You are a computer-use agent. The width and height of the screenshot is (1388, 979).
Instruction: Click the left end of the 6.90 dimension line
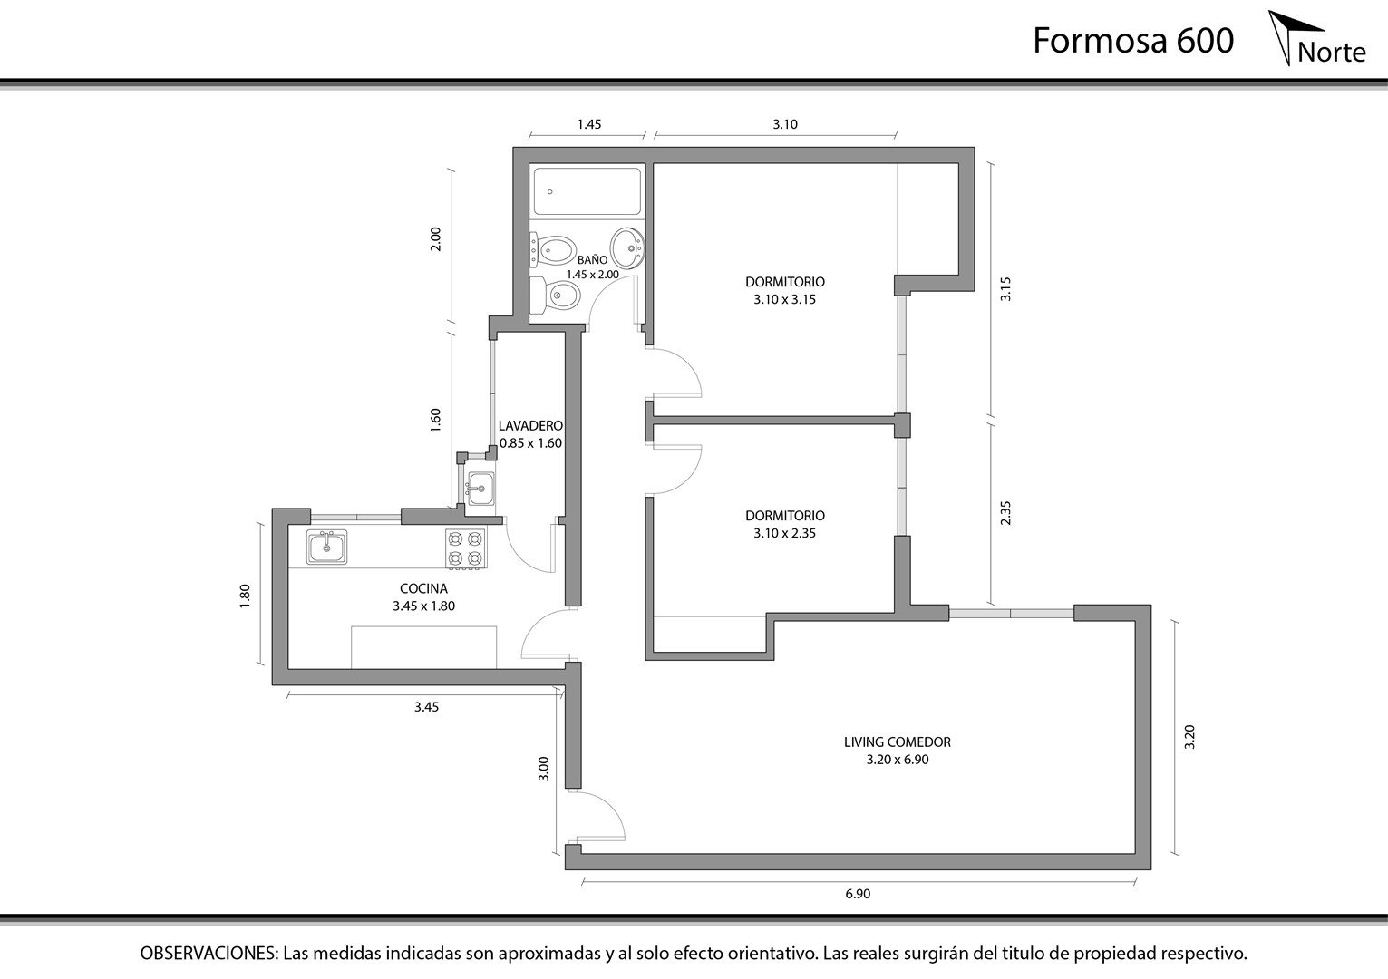pos(582,880)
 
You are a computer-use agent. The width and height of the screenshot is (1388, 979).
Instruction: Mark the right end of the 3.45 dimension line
pos(563,694)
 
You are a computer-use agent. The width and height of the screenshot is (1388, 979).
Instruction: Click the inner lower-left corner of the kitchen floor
pos(289,669)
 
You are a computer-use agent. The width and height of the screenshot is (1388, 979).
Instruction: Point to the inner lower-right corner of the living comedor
pos(1135,853)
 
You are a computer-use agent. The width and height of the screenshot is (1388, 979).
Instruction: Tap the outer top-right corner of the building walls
pos(975,148)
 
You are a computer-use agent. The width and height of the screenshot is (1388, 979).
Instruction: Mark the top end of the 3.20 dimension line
pos(1174,621)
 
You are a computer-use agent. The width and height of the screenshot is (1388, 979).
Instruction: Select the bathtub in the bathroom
pos(587,191)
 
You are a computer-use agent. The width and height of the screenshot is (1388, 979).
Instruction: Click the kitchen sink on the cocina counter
pos(326,546)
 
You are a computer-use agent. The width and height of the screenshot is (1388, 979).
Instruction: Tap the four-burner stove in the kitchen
pos(466,548)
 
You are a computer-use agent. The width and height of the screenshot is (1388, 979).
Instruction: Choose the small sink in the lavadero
pos(480,489)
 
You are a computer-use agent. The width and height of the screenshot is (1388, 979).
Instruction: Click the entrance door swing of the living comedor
pos(596,818)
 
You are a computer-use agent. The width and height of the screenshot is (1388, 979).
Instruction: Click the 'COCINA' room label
pos(424,588)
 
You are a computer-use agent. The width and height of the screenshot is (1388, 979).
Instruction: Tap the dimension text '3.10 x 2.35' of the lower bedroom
pos(784,533)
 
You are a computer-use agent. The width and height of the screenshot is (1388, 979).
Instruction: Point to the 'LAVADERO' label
pos(530,426)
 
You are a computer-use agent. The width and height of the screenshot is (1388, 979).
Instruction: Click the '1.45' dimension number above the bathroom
pos(589,124)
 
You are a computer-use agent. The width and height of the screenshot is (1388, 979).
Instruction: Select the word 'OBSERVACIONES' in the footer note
pos(209,954)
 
